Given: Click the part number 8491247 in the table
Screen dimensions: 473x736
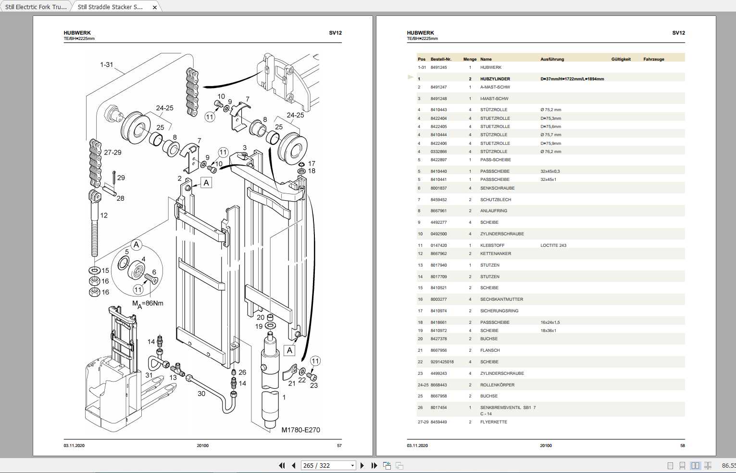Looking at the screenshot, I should [x=438, y=87].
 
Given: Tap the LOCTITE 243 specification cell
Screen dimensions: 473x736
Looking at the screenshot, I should [x=553, y=245].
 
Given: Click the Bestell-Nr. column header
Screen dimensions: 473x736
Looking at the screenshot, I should [x=441, y=59].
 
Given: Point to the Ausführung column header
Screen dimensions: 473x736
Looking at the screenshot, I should [x=552, y=59].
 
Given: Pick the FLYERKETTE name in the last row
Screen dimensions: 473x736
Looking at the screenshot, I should [x=493, y=422].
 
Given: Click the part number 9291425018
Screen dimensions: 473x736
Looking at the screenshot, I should [x=442, y=362].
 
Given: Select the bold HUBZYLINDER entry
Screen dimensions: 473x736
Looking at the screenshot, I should [x=495, y=79].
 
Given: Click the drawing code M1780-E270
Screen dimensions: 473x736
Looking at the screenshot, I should [x=300, y=430].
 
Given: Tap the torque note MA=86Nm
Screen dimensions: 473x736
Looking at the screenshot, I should [x=148, y=304].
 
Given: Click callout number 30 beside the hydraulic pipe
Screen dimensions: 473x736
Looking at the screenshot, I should [x=201, y=394].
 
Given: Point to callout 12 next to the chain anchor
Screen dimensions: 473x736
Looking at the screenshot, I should [x=104, y=215].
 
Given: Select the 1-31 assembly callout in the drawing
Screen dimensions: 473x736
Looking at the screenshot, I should [x=106, y=64].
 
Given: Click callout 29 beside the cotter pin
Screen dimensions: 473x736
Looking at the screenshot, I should [x=121, y=178].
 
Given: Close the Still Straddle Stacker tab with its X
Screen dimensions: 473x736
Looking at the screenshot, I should [x=154, y=7].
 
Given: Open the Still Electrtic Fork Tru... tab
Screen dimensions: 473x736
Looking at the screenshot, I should [x=36, y=7].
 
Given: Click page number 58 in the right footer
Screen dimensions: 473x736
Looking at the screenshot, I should [x=682, y=446].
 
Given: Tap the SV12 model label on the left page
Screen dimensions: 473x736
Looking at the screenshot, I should [x=335, y=33].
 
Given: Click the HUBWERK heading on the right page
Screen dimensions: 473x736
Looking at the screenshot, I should [x=420, y=33].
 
